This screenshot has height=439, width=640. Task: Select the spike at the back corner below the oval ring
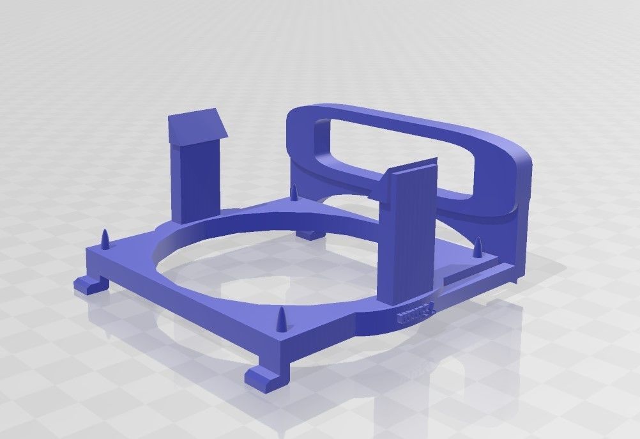[294, 192]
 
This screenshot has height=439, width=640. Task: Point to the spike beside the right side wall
[478, 247]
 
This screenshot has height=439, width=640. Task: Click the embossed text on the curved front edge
[415, 312]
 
